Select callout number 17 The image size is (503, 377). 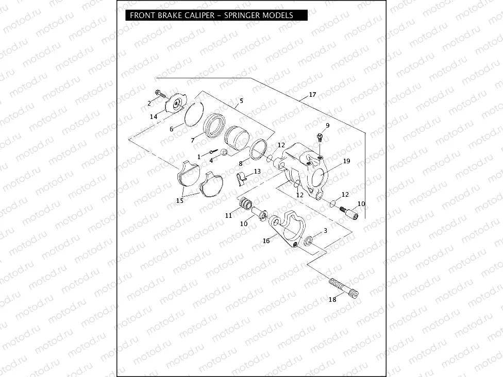pyautogui.click(x=312, y=95)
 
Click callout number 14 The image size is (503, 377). pyautogui.click(x=154, y=117)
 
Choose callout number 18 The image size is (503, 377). pyautogui.click(x=332, y=299)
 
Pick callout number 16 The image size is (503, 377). pyautogui.click(x=266, y=241)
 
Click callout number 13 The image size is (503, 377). pyautogui.click(x=257, y=171)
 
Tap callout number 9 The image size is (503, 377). pyautogui.click(x=327, y=126)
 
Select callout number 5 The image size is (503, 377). pyautogui.click(x=241, y=100)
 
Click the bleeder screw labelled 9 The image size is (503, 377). pyautogui.click(x=319, y=138)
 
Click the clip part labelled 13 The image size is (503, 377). pyautogui.click(x=241, y=178)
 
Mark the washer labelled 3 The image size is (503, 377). pyautogui.click(x=309, y=241)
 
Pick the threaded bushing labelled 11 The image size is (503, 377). pyautogui.click(x=244, y=205)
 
